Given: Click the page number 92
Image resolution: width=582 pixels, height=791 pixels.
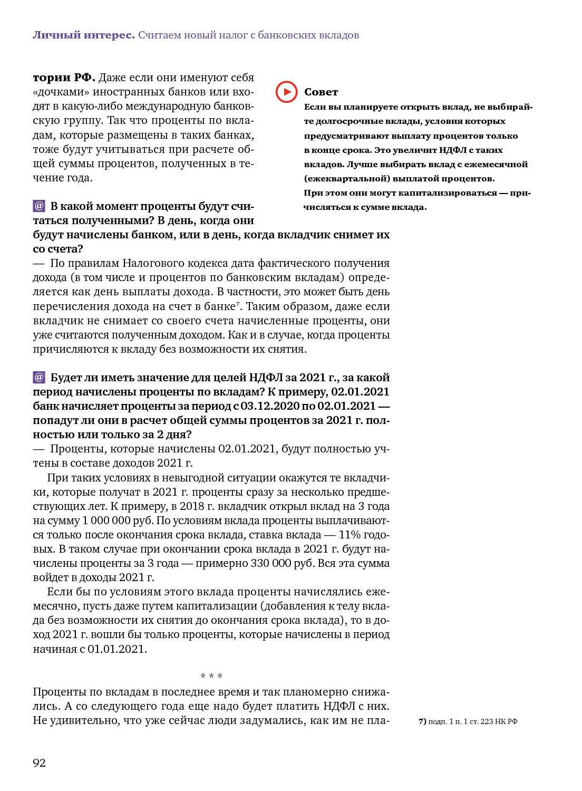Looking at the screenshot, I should point(40,763).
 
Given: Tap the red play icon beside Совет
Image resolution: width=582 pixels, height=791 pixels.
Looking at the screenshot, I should point(286,92).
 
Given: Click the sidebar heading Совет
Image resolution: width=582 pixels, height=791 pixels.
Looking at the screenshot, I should point(321,92).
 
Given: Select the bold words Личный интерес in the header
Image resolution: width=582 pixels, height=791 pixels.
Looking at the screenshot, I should point(84,35).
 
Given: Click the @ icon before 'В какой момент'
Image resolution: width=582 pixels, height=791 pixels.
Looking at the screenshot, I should point(39,206).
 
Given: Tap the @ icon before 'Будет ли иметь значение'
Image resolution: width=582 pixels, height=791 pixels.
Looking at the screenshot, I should point(39,377).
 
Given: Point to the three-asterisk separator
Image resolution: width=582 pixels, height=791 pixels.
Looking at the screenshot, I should point(211,676).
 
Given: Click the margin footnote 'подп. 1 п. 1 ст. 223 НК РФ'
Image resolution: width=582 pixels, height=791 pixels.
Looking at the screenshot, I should point(472,721).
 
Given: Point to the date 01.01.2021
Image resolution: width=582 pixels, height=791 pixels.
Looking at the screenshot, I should point(117,649).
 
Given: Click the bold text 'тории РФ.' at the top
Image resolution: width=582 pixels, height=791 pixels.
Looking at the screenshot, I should point(64,78).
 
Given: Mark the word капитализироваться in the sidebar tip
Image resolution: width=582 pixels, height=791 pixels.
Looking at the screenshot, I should point(448,193).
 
